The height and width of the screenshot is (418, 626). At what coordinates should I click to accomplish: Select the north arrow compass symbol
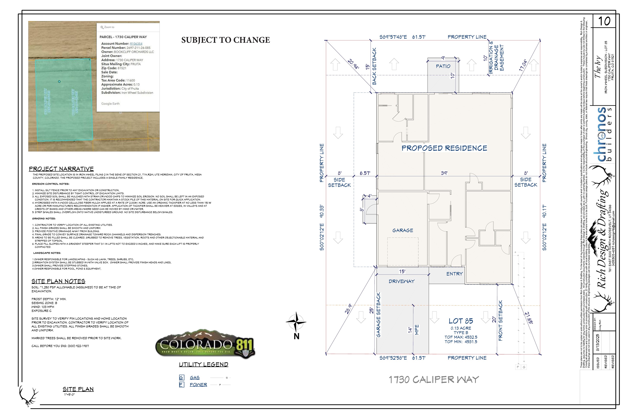point(296,322)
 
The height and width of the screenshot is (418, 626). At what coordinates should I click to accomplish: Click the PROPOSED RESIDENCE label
point(444,148)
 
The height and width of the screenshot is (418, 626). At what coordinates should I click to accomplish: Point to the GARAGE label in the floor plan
point(403,230)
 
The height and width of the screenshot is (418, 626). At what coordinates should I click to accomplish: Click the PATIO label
point(443,66)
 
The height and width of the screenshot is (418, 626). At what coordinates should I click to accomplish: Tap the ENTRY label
point(454,274)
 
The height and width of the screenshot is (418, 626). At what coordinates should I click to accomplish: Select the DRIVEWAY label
point(401,281)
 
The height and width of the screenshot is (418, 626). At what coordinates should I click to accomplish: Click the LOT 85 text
point(461,321)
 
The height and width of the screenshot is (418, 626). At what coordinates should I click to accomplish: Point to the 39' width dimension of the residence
point(444,173)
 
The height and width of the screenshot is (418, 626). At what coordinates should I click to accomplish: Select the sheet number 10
point(604,21)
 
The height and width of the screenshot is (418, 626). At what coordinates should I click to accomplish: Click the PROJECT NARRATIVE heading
point(61,169)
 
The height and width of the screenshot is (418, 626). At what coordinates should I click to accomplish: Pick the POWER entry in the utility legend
point(198,385)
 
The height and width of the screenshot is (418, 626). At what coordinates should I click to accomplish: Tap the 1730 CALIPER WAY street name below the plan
point(434,380)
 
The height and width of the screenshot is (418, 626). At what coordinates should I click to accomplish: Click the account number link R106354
point(136,44)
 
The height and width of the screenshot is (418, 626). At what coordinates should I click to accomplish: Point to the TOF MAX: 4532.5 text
point(461,337)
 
